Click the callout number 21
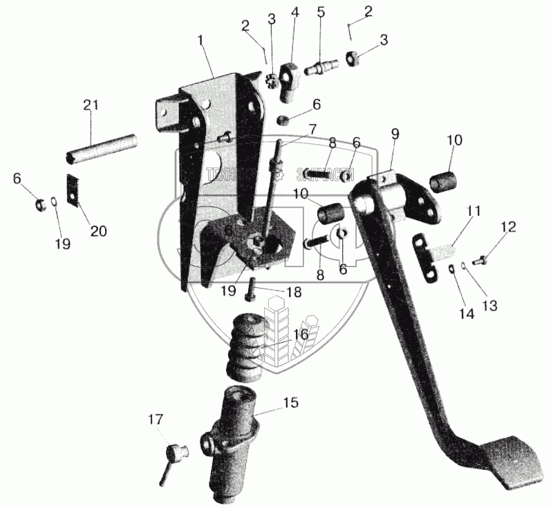coord(91,106)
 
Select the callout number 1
coord(200,41)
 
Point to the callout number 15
coord(292,403)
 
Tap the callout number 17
coord(156,419)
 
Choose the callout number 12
coord(508,226)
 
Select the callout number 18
coord(294,292)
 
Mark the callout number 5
coord(321,12)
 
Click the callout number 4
coord(295,12)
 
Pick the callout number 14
coord(466,313)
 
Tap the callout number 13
coord(490,305)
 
